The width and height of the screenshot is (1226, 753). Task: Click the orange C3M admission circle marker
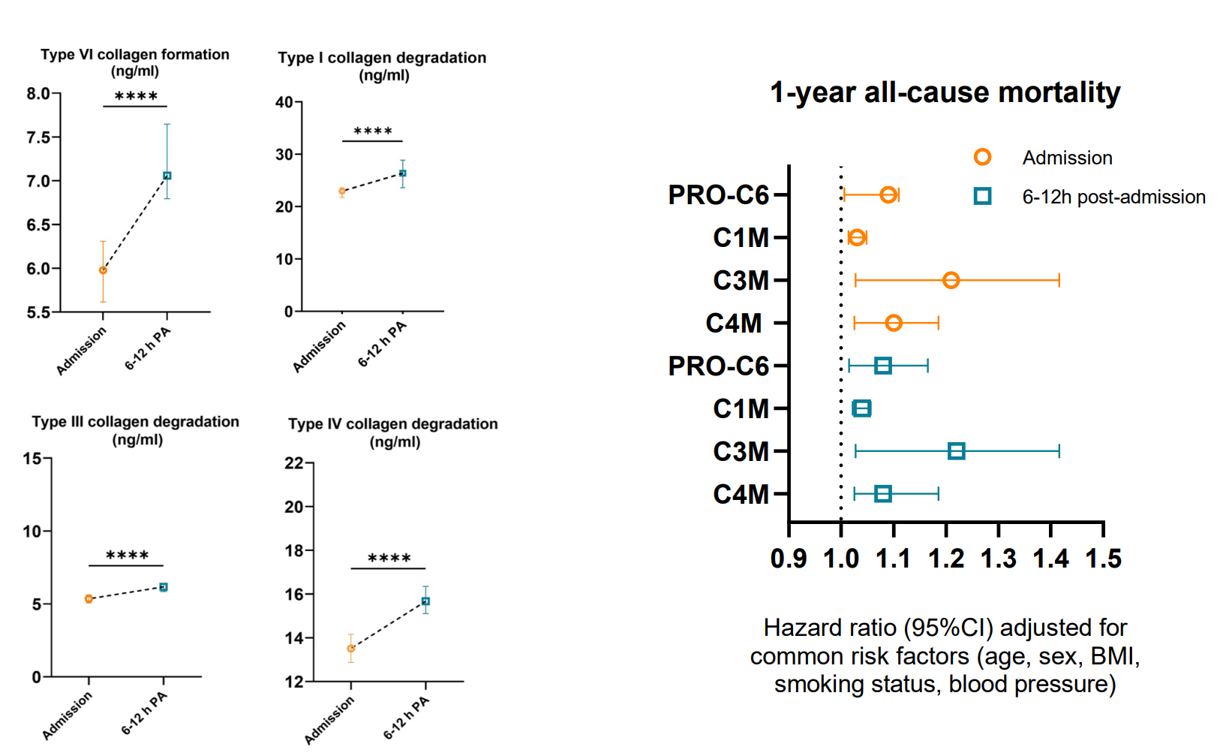[x=951, y=280]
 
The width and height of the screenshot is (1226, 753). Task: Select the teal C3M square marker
[x=956, y=451]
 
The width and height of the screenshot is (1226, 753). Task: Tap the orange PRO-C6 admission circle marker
[x=888, y=194]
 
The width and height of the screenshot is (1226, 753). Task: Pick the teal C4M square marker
[x=883, y=494]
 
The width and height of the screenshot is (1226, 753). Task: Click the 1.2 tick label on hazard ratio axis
[x=946, y=559]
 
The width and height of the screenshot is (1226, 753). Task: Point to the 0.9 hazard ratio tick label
[x=789, y=559]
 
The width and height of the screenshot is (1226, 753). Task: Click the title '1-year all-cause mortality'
[x=945, y=92]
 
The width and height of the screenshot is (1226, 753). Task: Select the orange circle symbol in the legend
[x=982, y=157]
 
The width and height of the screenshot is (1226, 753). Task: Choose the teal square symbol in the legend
[x=982, y=197]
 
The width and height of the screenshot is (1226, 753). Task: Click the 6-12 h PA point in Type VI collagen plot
[x=167, y=176]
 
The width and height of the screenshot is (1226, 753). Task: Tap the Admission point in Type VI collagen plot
[x=103, y=270]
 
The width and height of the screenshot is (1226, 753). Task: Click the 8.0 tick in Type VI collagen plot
[x=38, y=94]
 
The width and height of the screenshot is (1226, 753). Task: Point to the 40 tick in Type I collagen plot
[x=284, y=102]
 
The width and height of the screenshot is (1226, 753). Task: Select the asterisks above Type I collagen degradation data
[x=373, y=131]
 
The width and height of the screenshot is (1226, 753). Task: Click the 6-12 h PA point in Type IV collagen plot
[x=425, y=601]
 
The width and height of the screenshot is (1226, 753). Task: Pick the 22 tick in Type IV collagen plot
[x=293, y=463]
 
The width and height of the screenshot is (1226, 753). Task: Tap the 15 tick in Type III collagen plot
[x=32, y=458]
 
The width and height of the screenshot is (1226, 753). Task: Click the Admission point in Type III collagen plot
[x=89, y=599]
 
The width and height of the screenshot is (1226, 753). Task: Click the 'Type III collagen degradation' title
[x=135, y=422]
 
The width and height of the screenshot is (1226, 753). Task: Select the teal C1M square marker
[x=861, y=408]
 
